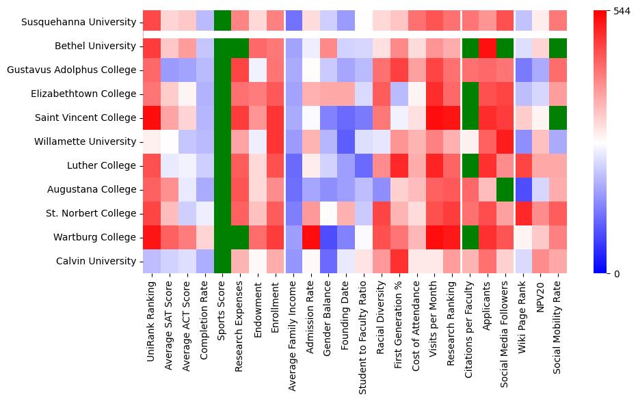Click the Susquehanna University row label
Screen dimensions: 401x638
point(79,22)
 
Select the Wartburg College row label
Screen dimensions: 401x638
point(96,237)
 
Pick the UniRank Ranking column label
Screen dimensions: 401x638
point(151,317)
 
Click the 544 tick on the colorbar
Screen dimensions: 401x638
point(622,12)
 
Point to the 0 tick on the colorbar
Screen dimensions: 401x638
point(617,274)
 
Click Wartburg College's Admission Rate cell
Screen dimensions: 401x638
point(310,237)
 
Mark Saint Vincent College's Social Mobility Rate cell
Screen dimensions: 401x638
point(559,117)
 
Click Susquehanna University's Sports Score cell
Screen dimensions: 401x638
point(222,22)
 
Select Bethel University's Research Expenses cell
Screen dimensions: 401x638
point(239,46)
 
